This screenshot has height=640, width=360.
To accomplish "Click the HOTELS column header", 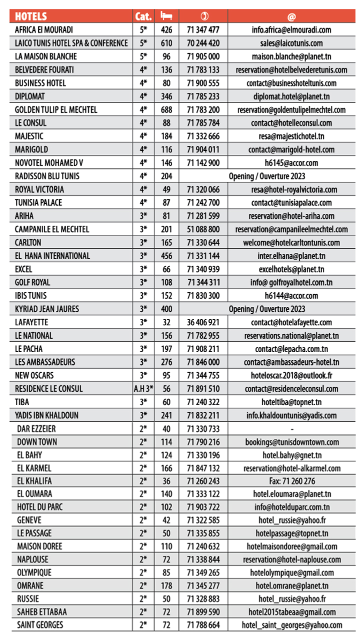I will [x=31, y=16].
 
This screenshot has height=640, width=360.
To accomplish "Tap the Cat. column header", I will [x=143, y=16].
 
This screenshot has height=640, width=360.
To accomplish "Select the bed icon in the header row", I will [x=166, y=16].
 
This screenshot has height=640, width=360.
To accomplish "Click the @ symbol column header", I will [x=291, y=17].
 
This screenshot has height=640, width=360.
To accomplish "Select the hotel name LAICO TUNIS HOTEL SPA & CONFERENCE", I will [x=71, y=43].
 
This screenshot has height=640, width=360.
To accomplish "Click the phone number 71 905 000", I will [x=203, y=56].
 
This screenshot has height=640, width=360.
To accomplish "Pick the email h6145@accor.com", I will [x=291, y=163].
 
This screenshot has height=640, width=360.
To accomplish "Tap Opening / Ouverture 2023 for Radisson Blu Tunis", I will [x=267, y=176].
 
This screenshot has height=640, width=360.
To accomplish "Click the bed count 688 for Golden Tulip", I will [x=166, y=110].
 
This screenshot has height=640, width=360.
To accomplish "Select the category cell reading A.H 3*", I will [x=143, y=389].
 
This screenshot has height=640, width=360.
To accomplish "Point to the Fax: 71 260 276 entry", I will [x=291, y=482].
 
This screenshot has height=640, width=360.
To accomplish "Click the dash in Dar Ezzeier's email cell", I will [x=291, y=429].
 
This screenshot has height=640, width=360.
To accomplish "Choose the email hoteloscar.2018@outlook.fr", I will [x=291, y=376].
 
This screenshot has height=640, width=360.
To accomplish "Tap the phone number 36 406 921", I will [x=203, y=323].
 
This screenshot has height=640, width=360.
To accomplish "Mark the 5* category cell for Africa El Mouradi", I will [x=143, y=30].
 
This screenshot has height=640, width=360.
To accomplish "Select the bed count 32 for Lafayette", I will [x=166, y=323].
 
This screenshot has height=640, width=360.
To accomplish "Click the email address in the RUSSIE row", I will [x=291, y=598].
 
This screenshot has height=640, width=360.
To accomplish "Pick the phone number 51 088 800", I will [x=203, y=229].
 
